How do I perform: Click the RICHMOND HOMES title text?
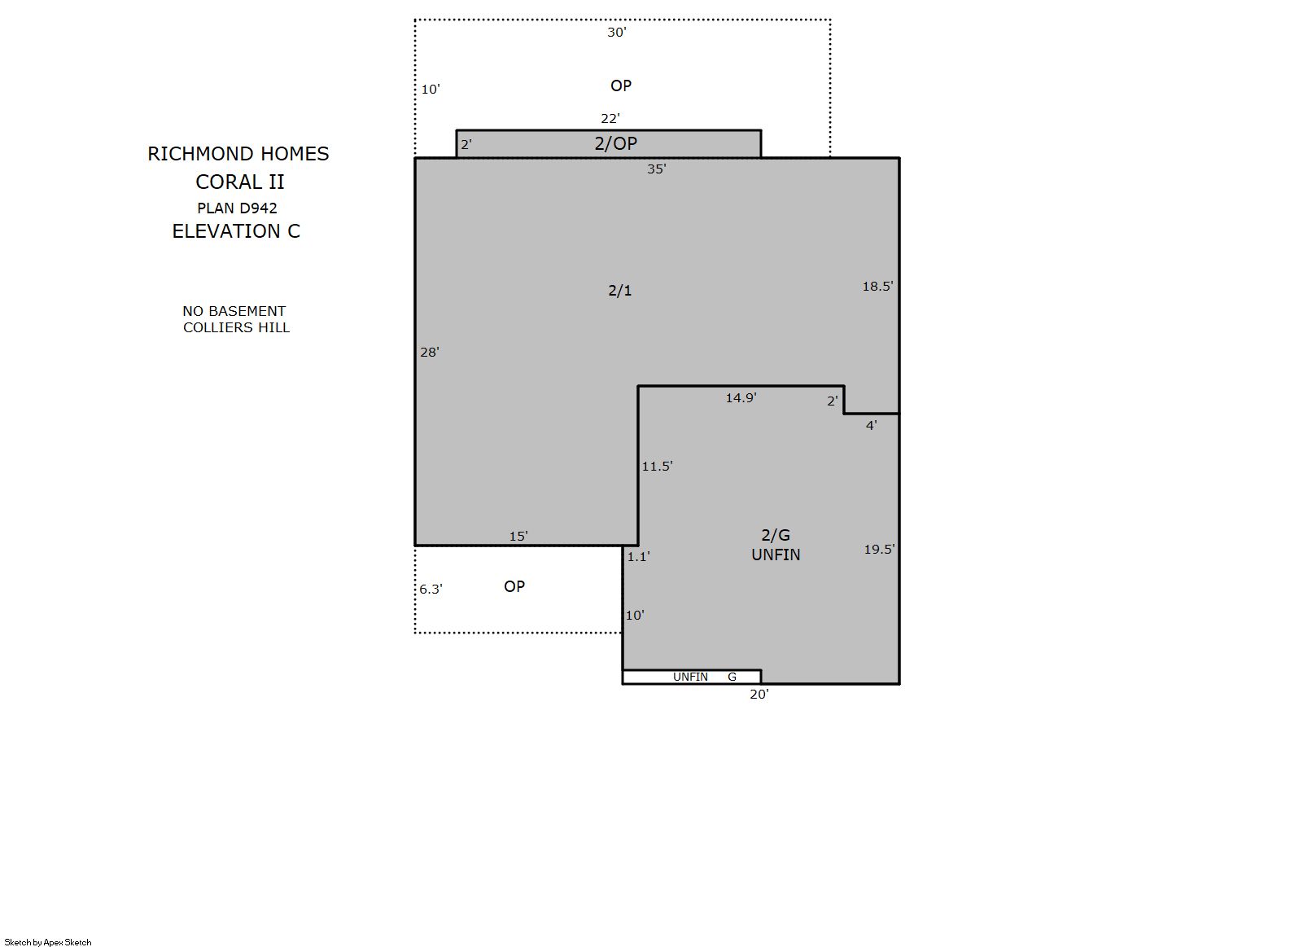coord(238,154)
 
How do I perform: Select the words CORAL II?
coord(239,182)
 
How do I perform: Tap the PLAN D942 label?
coord(237,208)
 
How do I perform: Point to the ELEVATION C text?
coord(236,231)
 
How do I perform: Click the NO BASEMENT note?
coord(234,311)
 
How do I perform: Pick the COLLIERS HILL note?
coord(236,327)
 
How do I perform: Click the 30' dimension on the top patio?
coord(617,33)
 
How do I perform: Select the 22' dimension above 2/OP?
coord(610,119)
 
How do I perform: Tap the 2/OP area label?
coord(615,143)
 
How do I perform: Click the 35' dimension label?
coord(657,169)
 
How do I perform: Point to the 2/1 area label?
coord(619,291)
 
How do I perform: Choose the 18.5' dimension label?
coord(877,287)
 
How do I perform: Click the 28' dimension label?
coord(430,352)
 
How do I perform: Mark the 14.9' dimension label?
coord(741,397)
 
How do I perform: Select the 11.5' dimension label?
coord(657,466)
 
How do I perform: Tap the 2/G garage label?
coord(776,535)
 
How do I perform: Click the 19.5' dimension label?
coord(879,550)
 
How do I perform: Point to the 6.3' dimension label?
coord(431,590)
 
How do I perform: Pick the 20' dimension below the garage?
coord(759,695)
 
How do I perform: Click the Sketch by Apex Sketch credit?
coord(48,942)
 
